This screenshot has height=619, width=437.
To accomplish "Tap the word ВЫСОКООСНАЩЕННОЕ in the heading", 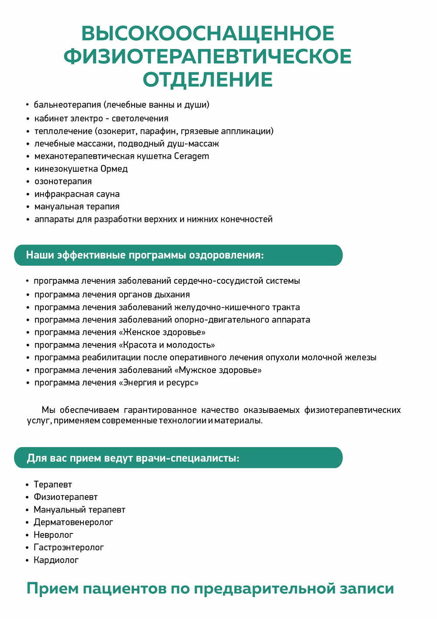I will point(208,34).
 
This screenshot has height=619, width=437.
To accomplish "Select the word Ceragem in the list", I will point(191,156).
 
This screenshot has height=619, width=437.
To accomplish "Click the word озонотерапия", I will point(63,182).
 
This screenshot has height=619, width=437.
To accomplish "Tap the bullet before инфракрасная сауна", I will point(27,194).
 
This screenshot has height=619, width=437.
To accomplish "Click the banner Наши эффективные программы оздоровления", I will point(178,255).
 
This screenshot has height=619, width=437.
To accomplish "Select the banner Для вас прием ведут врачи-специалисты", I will point(178,458).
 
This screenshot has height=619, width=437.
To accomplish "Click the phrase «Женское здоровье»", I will point(162,332).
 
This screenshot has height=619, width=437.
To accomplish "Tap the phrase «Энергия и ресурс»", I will point(159,383).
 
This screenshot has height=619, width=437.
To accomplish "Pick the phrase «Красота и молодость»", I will point(167,345).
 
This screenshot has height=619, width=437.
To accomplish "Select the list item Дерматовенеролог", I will point(73,522).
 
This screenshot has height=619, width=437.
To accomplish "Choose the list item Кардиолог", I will point(56,560).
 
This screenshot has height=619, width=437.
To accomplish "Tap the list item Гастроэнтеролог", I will point(69,547).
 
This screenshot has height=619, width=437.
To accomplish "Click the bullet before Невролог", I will point(27,535).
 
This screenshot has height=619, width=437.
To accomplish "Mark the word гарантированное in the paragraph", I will point(160,410).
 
